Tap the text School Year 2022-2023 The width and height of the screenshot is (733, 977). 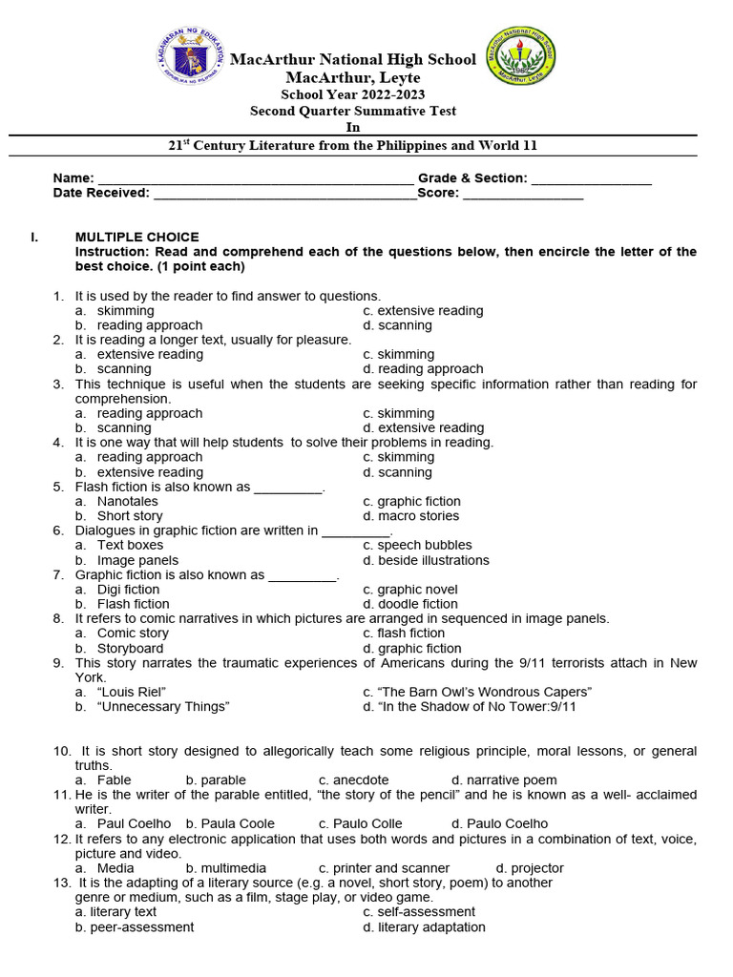[x=352, y=94]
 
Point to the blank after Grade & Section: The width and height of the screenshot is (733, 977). [x=591, y=179]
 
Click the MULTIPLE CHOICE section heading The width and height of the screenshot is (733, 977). [x=137, y=237]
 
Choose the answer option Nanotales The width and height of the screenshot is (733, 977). [x=128, y=501]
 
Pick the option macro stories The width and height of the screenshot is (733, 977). [x=418, y=516]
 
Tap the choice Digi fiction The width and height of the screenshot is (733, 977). [x=129, y=590]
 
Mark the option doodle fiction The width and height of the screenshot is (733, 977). [x=417, y=604]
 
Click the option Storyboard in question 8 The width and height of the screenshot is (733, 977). [x=130, y=648]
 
